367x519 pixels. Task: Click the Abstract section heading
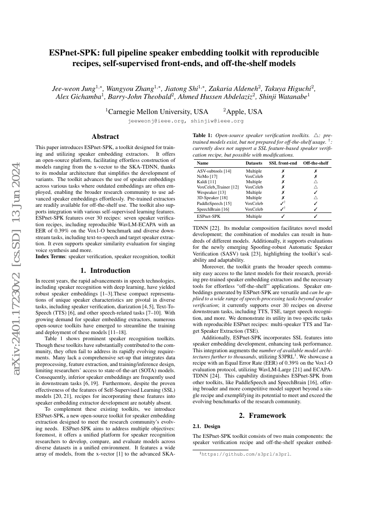coord(105,137)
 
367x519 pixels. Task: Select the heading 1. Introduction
coord(105,270)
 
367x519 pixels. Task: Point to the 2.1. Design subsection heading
coord(205,426)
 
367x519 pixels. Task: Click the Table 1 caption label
coord(202,134)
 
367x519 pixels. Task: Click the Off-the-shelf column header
coord(316,163)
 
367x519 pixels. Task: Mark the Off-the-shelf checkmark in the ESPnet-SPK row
coord(316,216)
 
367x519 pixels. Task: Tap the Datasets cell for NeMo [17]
coord(254,176)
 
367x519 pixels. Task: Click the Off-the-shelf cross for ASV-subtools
coord(316,171)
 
